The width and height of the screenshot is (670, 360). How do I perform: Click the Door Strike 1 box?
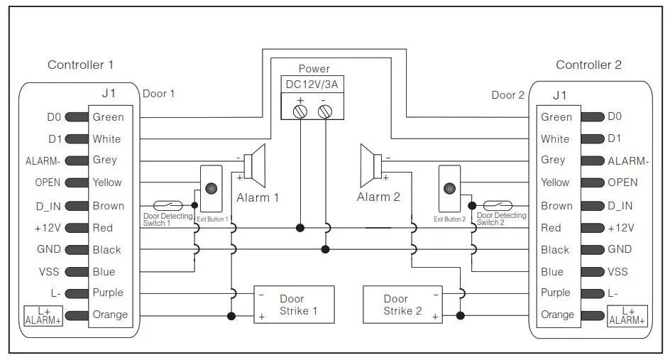pos(294,305)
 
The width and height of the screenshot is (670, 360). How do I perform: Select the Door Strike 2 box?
pos(402,305)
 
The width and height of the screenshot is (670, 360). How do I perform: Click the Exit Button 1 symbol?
pos(211,189)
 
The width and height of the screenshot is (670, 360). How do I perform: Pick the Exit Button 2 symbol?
pos(449,189)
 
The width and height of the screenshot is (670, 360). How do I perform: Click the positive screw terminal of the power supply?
pos(300,111)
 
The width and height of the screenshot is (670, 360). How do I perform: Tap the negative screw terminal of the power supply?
pos(325,111)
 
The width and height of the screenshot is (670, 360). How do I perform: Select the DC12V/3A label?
pos(313,84)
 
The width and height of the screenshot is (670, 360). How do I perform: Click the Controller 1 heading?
pos(80,65)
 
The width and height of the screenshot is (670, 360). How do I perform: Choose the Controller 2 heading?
pos(588,65)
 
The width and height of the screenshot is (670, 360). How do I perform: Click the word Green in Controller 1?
pos(108,117)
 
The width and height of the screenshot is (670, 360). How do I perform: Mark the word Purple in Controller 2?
pos(555,293)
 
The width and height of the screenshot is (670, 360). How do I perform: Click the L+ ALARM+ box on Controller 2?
pos(627,315)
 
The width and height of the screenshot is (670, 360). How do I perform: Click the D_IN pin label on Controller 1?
pos(48,206)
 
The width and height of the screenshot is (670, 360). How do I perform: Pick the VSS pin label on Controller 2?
pos(617,271)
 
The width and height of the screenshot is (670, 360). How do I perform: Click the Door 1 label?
pos(158,94)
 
